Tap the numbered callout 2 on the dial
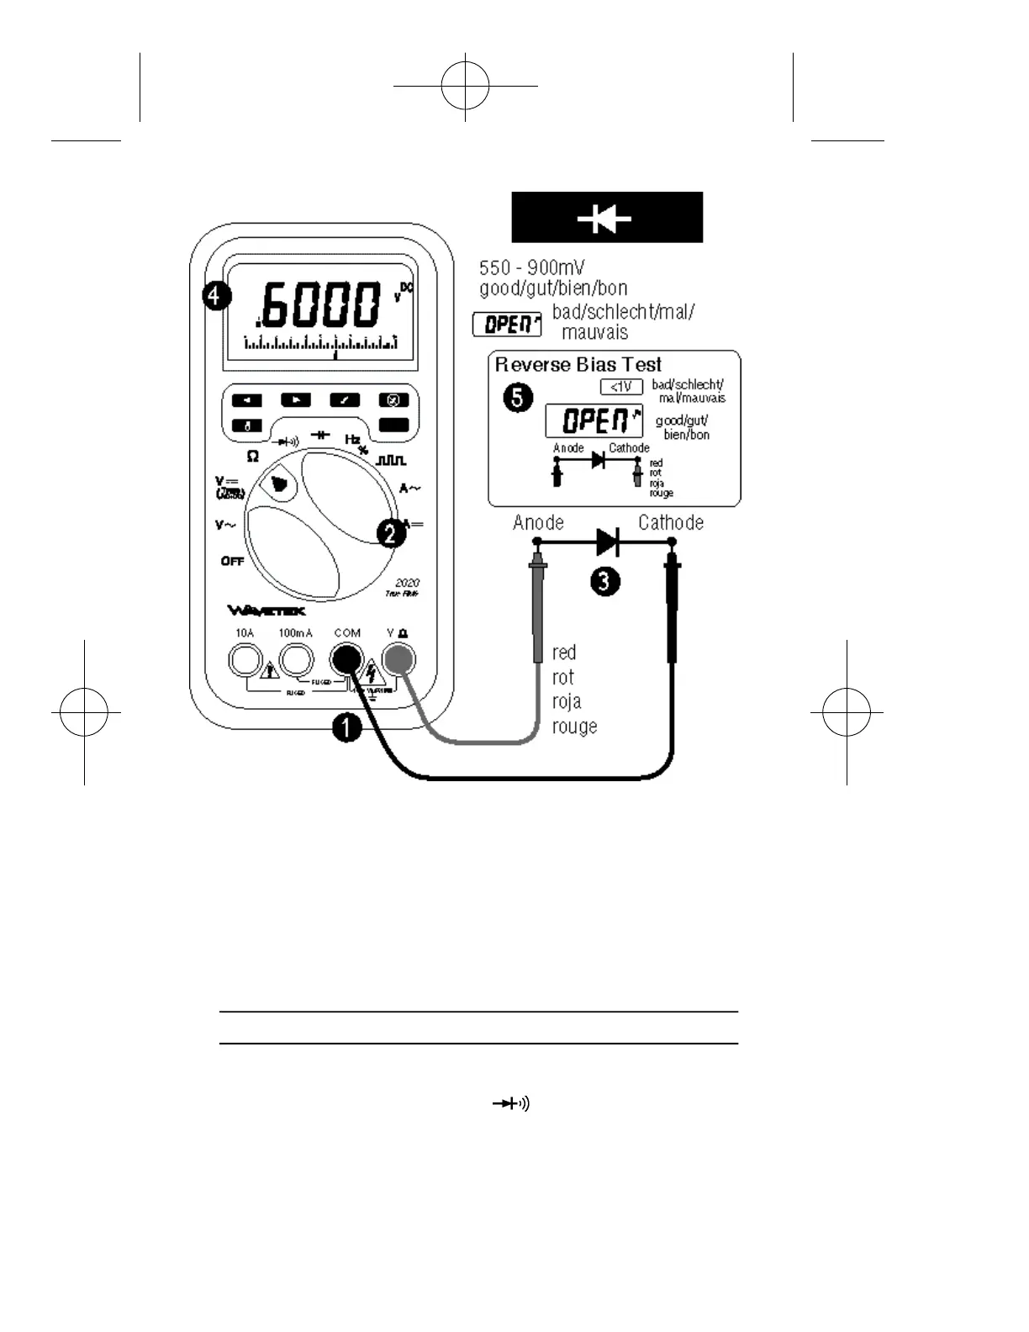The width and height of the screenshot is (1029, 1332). pos(391,532)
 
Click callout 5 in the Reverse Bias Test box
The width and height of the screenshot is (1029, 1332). pos(518,396)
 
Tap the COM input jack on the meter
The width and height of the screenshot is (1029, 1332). pos(346,660)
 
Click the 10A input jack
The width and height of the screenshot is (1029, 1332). pos(245,660)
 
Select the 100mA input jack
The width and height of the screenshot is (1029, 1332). pos(296,660)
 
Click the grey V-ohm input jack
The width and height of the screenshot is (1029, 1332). pos(398,660)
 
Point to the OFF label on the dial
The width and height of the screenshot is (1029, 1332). pos(232,561)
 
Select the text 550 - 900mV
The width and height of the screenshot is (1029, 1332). pos(531,268)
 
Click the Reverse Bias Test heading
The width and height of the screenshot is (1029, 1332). pos(578,364)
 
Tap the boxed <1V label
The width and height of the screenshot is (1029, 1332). pos(621,387)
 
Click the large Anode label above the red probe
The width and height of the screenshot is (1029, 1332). pos(538,523)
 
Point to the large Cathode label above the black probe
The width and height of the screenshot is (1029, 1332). pos(670,523)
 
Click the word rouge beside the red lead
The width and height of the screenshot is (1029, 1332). pos(574,726)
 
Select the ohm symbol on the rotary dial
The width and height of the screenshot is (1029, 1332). pos(252,457)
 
